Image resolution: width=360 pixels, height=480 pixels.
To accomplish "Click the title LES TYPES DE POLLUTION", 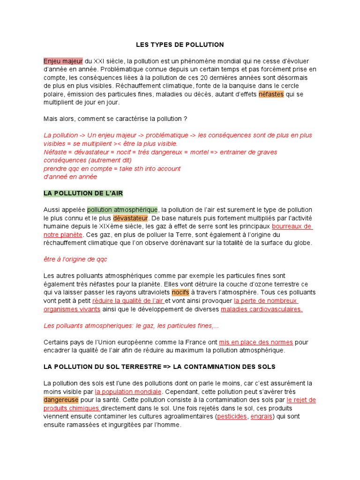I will click(180, 45).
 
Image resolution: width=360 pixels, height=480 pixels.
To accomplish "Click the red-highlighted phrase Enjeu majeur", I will click(63, 61).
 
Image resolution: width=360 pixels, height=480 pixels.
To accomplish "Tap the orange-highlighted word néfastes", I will click(271, 94).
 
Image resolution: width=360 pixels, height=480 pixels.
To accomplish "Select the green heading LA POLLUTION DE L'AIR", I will click(83, 193).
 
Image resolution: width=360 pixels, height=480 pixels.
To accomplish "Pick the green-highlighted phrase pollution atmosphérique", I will click(122, 210).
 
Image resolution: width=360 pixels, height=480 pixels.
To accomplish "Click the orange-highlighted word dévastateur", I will click(130, 218).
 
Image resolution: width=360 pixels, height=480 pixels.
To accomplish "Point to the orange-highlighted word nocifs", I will click(180, 292).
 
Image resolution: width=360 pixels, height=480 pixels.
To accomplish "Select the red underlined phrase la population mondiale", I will click(128, 391).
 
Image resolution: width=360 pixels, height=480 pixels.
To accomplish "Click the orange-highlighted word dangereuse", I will click(61, 400).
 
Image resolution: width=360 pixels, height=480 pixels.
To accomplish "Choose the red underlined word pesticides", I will click(232, 416).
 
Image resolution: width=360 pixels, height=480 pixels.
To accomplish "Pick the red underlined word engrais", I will click(262, 416).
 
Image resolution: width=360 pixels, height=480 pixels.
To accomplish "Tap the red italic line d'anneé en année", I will click(70, 177).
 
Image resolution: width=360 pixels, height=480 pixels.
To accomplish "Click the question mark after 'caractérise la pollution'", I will click(185, 119).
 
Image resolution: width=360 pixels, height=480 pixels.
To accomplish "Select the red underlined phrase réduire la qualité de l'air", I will click(127, 301).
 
